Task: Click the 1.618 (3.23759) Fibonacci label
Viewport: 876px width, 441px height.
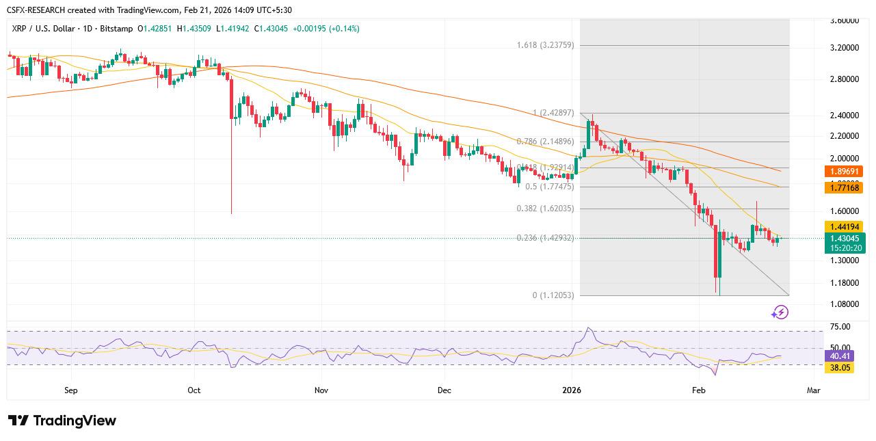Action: (x=545, y=45)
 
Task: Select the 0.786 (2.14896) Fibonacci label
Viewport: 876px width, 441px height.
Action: (x=545, y=142)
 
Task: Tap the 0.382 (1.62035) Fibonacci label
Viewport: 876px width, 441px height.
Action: (x=545, y=209)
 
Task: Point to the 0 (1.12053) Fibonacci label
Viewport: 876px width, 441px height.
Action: (x=553, y=295)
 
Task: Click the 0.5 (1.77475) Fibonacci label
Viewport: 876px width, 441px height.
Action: (x=549, y=187)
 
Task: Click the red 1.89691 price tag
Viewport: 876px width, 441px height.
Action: (x=845, y=172)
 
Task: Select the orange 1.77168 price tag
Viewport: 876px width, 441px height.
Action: (x=845, y=187)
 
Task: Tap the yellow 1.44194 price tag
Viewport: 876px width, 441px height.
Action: (x=845, y=226)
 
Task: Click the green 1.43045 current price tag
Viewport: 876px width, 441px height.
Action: (x=845, y=239)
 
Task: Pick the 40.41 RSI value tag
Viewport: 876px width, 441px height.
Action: (x=840, y=356)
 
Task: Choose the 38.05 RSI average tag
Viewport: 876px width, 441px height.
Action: (x=840, y=368)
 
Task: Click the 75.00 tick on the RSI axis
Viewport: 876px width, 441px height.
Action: (x=840, y=327)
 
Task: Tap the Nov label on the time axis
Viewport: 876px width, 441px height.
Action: (x=321, y=390)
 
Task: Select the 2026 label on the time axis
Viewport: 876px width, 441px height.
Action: (x=571, y=390)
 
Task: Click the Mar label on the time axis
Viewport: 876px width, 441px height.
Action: (x=813, y=390)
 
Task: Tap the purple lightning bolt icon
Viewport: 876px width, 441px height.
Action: (x=780, y=312)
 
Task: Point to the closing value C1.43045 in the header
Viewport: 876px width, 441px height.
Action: (x=273, y=29)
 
